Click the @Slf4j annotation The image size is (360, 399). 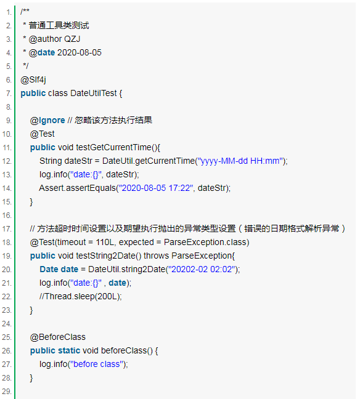point(33,80)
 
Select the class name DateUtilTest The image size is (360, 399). point(94,94)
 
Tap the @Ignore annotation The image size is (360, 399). point(47,120)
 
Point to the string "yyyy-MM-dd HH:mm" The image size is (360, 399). point(240,161)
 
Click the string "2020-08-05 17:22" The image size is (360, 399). point(156,188)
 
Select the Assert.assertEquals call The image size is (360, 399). point(78,188)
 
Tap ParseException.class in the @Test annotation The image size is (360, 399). point(205,242)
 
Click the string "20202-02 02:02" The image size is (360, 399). point(202,269)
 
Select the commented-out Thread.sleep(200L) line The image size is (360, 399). point(81,296)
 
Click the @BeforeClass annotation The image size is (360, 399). point(57,337)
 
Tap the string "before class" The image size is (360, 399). point(97,364)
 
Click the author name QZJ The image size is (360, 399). point(72,39)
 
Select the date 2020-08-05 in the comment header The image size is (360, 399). point(80,53)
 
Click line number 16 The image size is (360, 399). point(7,216)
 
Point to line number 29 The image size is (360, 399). point(7,392)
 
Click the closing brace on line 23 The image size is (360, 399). point(31,310)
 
